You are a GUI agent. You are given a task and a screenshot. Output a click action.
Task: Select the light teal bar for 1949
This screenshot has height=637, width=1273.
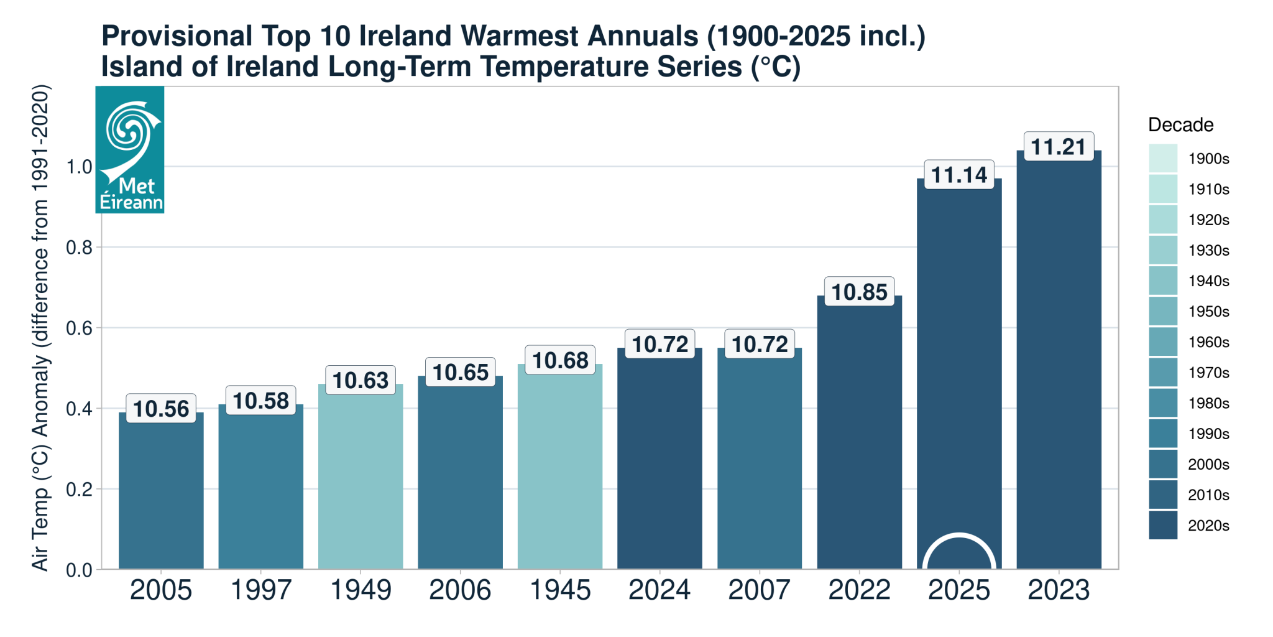click(x=361, y=479)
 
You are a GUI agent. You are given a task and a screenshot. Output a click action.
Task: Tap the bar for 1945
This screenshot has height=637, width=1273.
click(x=560, y=467)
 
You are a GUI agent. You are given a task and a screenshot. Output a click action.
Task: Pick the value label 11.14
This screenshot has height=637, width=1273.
click(x=959, y=175)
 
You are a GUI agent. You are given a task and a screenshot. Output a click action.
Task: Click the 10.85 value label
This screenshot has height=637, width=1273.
click(x=859, y=292)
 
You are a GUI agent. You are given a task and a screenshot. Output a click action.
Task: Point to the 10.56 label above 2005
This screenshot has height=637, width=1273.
click(x=161, y=409)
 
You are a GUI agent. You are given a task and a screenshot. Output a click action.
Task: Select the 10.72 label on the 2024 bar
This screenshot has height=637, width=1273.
click(x=659, y=345)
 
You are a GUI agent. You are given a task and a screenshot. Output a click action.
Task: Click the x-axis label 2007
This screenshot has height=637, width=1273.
click(x=759, y=590)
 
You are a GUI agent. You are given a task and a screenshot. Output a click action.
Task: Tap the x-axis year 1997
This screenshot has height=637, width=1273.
click(x=260, y=590)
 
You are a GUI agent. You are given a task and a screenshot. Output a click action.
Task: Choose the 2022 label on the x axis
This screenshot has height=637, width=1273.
click(x=859, y=590)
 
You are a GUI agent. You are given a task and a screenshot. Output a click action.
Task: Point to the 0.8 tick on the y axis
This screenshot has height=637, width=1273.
click(x=79, y=248)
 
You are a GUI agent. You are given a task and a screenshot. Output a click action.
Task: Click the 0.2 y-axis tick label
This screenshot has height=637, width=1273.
click(x=79, y=490)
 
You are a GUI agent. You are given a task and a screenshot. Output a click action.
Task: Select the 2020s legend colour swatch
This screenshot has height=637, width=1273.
click(x=1163, y=525)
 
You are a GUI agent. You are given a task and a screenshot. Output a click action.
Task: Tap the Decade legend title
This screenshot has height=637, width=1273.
click(x=1180, y=125)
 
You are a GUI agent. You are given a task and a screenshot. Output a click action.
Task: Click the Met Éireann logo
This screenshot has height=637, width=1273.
click(x=130, y=150)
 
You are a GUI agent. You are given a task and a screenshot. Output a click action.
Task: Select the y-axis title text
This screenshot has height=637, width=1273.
click(x=40, y=328)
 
